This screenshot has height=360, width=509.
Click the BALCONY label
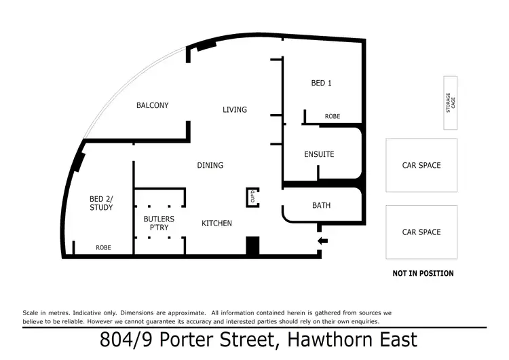pyautogui.click(x=152, y=105)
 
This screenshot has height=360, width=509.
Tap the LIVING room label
pyautogui.click(x=235, y=109)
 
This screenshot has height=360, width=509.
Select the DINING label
pyautogui.click(x=210, y=165)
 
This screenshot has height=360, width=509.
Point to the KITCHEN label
pyautogui.click(x=216, y=223)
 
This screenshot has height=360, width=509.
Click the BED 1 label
pyautogui.click(x=321, y=83)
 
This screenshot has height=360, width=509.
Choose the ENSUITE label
pyautogui.click(x=319, y=154)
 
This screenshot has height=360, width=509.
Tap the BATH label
pyautogui.click(x=321, y=205)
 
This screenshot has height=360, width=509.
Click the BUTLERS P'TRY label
pyautogui.click(x=159, y=223)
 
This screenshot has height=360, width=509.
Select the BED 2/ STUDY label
pyautogui.click(x=101, y=203)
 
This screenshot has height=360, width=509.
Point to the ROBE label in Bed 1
pyautogui.click(x=333, y=117)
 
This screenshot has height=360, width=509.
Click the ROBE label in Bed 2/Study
pyautogui.click(x=103, y=248)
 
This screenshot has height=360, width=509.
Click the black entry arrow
pyautogui.click(x=323, y=240)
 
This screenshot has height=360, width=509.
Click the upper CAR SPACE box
pyautogui.click(x=421, y=165)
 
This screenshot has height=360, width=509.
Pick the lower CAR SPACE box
pyautogui.click(x=421, y=232)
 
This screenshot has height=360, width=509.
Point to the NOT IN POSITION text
pyautogui.click(x=423, y=273)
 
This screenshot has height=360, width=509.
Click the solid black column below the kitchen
pyautogui.click(x=252, y=246)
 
